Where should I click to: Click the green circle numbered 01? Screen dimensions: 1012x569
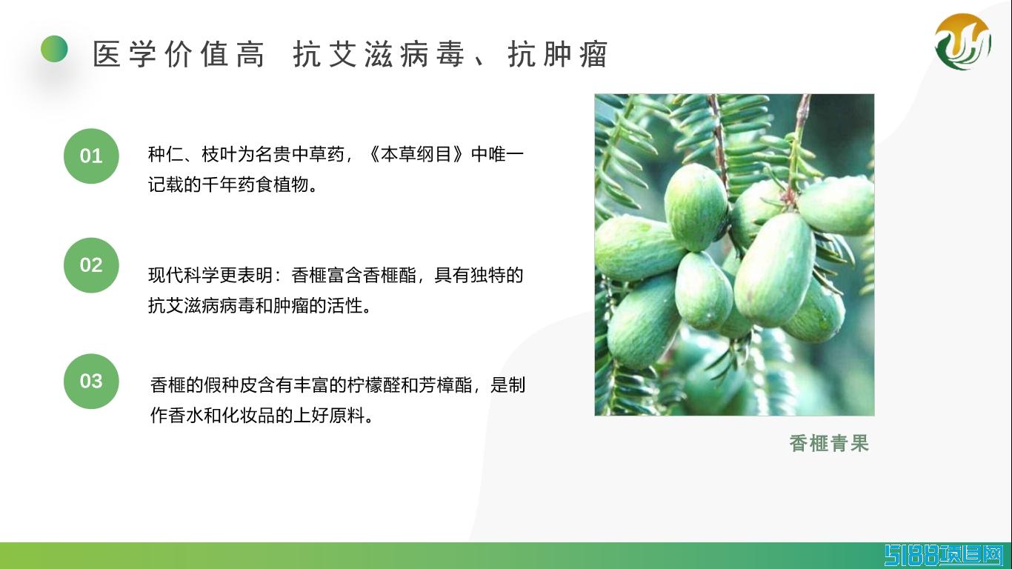(91, 156)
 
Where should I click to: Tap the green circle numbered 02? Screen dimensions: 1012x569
(91, 264)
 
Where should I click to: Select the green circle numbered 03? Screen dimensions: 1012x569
(91, 381)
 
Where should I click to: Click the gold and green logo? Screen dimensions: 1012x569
(963, 41)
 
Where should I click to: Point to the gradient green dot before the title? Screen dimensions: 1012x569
(54, 49)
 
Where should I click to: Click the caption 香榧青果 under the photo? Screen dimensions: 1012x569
(829, 443)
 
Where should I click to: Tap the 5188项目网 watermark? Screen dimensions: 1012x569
(948, 556)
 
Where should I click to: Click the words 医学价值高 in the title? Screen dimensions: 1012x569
(179, 54)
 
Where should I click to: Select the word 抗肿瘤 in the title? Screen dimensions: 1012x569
(558, 54)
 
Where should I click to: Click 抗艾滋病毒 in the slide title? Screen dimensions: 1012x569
(379, 54)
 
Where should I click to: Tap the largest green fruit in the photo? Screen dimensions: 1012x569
(774, 270)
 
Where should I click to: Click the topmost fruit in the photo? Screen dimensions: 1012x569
(696, 207)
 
